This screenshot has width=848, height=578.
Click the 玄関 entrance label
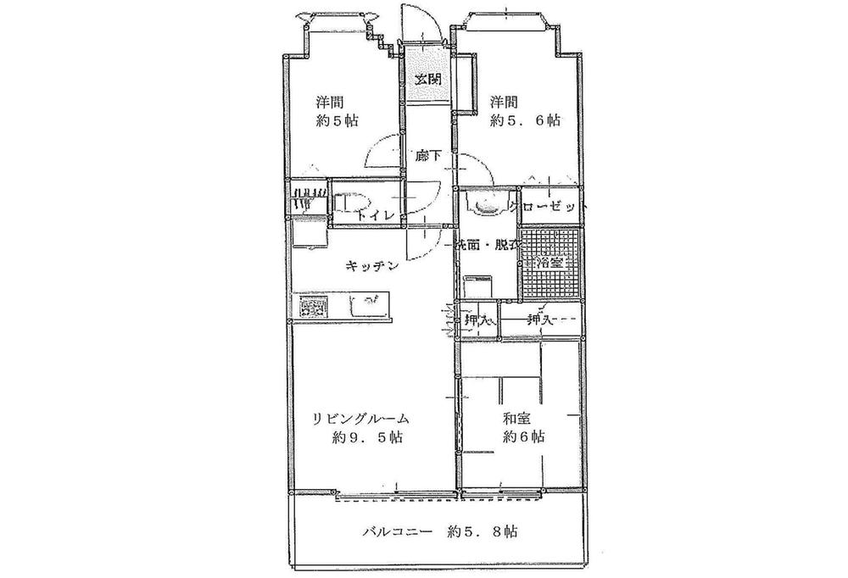point(427,80)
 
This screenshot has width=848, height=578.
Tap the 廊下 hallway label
point(426,156)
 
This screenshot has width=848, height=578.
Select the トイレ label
point(375,215)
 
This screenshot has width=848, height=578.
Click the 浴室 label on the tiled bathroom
point(552,263)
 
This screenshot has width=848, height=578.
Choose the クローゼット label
point(548,207)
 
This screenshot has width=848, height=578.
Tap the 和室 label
point(517,417)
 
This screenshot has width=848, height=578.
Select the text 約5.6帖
point(525,120)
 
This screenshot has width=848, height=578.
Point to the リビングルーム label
point(360,418)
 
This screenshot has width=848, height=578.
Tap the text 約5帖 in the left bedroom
point(338,120)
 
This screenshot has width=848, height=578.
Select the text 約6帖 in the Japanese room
point(523,437)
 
